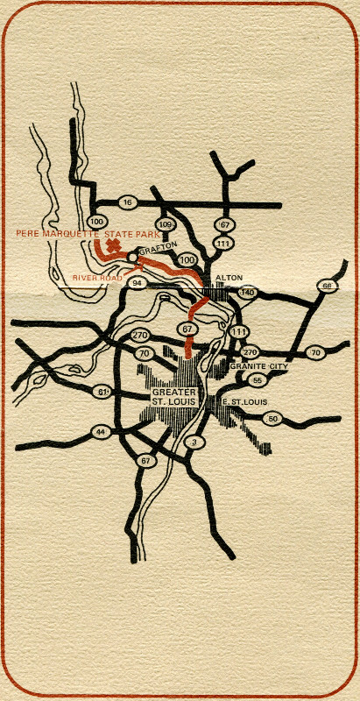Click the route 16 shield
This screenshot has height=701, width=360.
pos(128,202)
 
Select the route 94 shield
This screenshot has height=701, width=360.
pos(137,283)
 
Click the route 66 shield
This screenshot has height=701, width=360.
pos(327,287)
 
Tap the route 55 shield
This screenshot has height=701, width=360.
pos(257,379)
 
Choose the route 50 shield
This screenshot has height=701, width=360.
pos(273,420)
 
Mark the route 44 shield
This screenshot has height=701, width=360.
pos(102,432)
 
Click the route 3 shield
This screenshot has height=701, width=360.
pos(193,442)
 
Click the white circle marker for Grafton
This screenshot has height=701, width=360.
pos(132,257)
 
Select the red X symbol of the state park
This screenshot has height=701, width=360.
pos(110,248)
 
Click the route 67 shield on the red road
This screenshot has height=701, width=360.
pos(187,328)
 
